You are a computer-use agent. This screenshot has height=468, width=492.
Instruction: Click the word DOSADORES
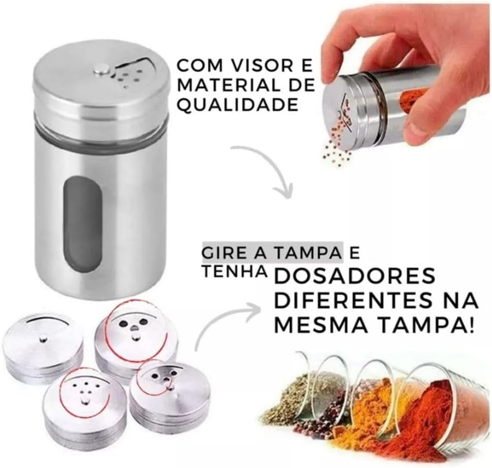point(355,276)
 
